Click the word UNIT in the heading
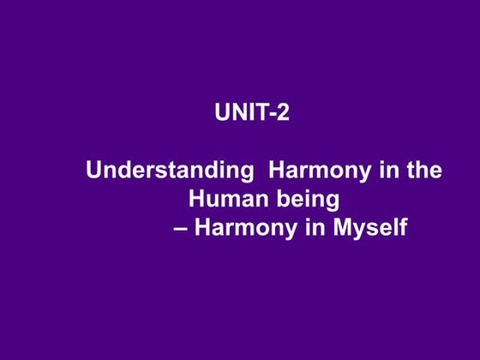coord(237,112)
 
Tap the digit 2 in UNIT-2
coord(282,112)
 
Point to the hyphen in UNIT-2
coord(271,114)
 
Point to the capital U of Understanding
coord(93,170)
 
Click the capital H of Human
coord(195,200)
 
